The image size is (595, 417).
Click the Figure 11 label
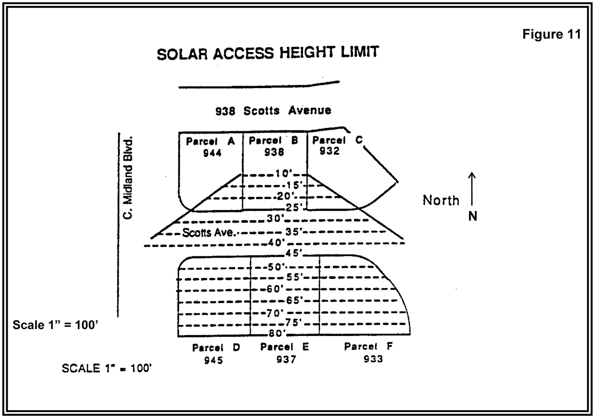click(x=552, y=34)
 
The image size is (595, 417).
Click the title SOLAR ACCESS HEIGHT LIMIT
click(x=267, y=53)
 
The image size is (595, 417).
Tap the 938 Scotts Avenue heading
click(x=273, y=110)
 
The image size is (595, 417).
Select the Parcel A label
click(x=210, y=141)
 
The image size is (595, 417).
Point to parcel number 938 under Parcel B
click(x=274, y=152)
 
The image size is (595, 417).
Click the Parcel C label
click(x=337, y=140)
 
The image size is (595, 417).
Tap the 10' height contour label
click(x=284, y=174)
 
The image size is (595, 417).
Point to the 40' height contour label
click(x=276, y=242)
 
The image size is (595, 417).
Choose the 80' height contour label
click(x=277, y=333)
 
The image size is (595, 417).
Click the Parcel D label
click(x=216, y=348)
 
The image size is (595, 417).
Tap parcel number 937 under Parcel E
click(x=286, y=360)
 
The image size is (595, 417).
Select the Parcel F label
click(x=368, y=346)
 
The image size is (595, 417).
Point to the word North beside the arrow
click(x=441, y=200)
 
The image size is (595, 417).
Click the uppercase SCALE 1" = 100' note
click(x=107, y=368)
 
